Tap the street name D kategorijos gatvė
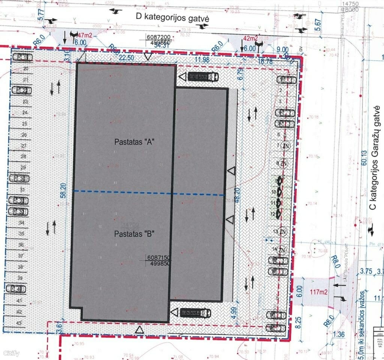click(172, 17)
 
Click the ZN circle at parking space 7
click(286, 146)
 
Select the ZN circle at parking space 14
click(282, 250)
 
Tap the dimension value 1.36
click(339, 334)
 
